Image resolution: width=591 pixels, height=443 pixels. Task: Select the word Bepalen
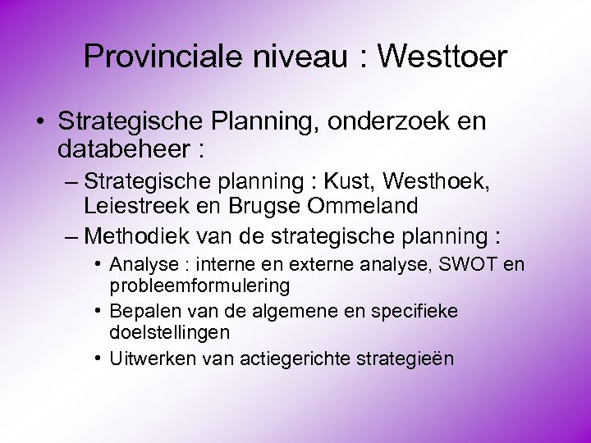click(140, 312)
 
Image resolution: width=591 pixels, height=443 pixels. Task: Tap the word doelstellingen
click(169, 332)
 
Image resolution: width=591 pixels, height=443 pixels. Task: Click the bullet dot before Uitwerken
click(98, 359)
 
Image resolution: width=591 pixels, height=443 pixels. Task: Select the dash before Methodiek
click(72, 236)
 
